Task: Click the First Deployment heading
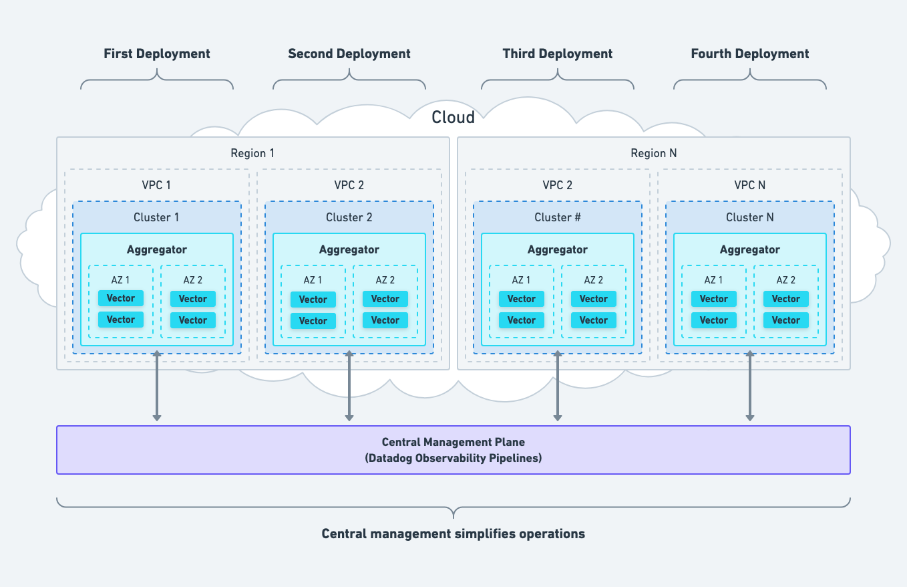(157, 54)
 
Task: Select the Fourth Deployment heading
(749, 54)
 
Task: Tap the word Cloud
(453, 118)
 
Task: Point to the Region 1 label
(252, 153)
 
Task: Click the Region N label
(653, 153)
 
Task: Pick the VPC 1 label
(156, 185)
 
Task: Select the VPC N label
(749, 185)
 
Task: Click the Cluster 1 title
(156, 217)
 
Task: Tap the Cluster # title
(557, 217)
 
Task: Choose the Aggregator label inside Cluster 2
(349, 249)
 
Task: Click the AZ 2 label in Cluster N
(785, 280)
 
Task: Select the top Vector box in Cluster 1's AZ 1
(121, 298)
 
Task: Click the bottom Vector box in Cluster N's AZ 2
(785, 320)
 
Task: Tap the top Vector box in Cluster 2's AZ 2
(385, 299)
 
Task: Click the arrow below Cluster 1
(156, 386)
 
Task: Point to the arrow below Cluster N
(749, 386)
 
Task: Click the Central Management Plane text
(453, 442)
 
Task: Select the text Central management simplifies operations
(453, 534)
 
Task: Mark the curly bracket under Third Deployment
(557, 82)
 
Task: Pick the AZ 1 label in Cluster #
(521, 280)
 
